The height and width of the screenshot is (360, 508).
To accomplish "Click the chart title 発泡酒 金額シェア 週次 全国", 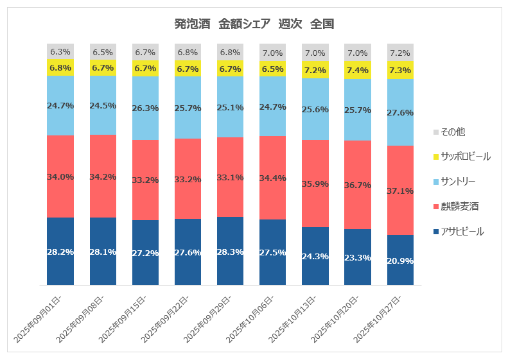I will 254,24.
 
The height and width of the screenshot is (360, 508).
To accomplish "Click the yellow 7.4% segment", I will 358,70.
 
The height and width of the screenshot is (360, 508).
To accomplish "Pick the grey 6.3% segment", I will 60,51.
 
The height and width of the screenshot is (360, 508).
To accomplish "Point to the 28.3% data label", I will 231,252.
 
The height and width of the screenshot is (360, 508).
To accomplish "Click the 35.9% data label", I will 315,184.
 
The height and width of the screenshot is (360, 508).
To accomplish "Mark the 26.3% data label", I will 146,108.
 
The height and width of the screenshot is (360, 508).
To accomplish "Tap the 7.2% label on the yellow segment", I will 315,70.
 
